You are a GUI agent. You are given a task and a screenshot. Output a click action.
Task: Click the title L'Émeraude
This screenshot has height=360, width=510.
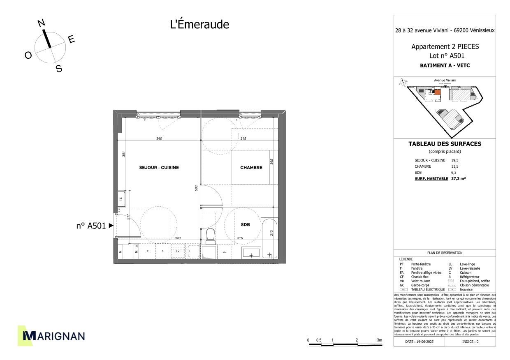coord(199,25)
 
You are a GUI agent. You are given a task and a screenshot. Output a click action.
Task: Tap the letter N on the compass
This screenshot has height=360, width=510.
coord(41,23)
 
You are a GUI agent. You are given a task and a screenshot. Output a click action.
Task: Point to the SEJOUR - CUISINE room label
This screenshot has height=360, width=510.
coord(159,168)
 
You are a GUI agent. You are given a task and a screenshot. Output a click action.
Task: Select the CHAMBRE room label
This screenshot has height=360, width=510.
coord(251,168)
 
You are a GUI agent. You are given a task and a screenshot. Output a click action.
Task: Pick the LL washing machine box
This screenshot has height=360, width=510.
coord(224,252)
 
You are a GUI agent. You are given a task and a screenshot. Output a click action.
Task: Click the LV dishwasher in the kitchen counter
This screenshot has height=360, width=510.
coord(178,251)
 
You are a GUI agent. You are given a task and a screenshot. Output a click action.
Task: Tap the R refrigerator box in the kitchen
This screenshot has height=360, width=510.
coord(147,251)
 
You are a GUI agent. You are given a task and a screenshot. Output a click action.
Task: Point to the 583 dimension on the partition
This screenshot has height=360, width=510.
coord(197,188)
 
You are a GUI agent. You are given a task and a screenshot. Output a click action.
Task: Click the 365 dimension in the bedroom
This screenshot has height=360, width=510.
coord(271,162)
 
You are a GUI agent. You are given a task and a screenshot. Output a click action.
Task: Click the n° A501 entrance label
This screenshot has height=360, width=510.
coord(91,225)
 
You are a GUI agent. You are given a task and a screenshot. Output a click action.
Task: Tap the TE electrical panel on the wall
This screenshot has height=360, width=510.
coord(121,198)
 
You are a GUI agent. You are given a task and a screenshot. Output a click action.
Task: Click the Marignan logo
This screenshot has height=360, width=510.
coord(51,336)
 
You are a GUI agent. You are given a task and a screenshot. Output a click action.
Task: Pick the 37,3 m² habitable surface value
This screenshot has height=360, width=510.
coord(459,179)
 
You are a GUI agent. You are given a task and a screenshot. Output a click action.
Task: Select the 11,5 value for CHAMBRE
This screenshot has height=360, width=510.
coord(454,166)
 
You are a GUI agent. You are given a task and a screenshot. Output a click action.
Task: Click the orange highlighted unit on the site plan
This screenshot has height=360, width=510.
coord(438,92)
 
